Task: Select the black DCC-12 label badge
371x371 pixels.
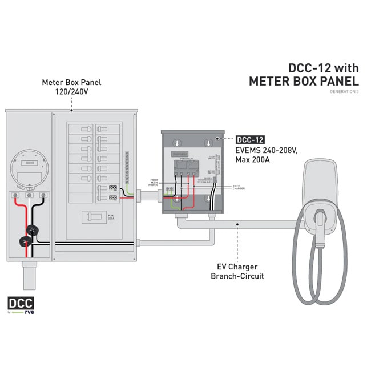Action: point(249,139)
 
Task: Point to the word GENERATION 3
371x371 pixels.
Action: point(345,92)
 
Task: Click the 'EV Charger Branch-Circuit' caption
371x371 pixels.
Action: point(237,271)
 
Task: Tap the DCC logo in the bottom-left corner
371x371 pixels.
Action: point(21,303)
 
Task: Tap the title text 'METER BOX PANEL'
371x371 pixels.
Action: point(304,81)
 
